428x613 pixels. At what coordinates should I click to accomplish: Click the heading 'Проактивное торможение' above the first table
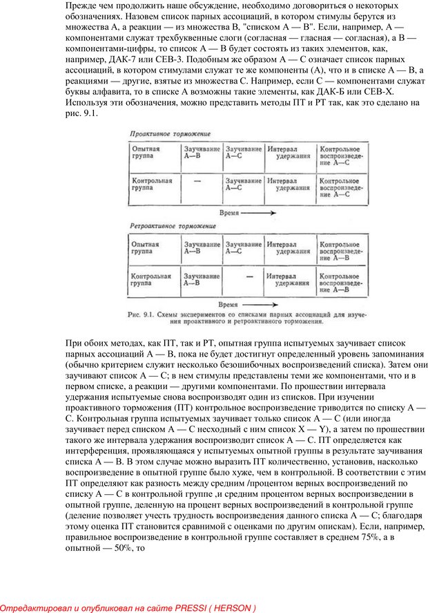tap(171, 133)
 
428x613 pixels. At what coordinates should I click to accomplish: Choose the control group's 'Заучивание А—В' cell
tap(202, 279)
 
